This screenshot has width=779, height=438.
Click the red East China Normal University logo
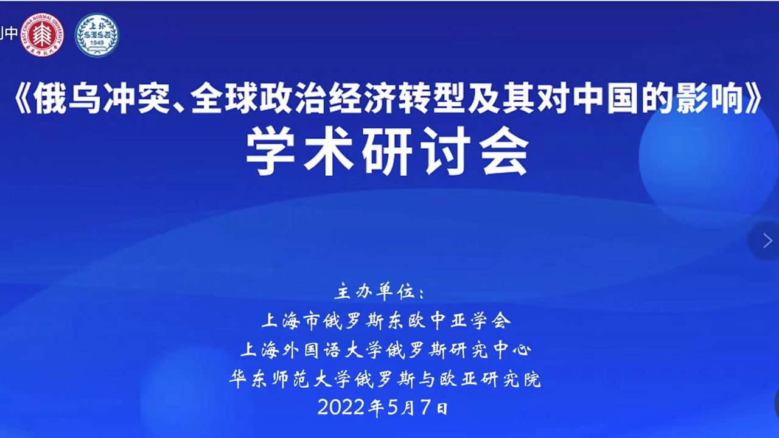point(42,35)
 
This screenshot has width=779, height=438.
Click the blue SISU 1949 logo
point(97,35)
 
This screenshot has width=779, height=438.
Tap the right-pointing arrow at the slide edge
point(767,240)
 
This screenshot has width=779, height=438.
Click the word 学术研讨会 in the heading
point(388,151)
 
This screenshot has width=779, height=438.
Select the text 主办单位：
point(380,291)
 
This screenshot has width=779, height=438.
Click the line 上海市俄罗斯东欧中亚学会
point(386,321)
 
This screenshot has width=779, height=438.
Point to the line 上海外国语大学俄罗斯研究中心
point(386,350)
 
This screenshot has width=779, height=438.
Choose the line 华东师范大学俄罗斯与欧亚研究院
point(385,379)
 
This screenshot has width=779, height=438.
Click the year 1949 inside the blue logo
point(97,43)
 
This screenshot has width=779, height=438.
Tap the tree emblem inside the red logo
point(42,35)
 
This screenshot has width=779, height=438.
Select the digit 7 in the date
point(427,408)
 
